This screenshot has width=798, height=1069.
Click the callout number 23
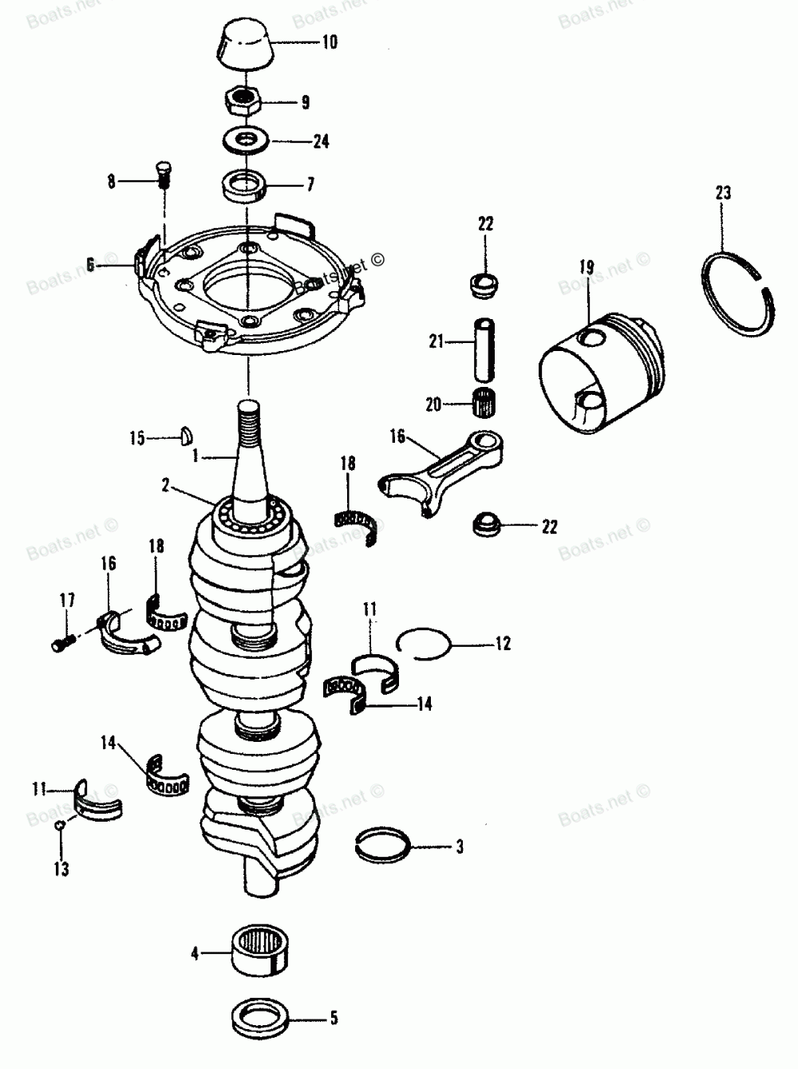[x=723, y=192]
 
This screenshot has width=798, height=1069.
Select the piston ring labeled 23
[x=742, y=292]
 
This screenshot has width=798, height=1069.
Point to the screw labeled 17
[x=62, y=640]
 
